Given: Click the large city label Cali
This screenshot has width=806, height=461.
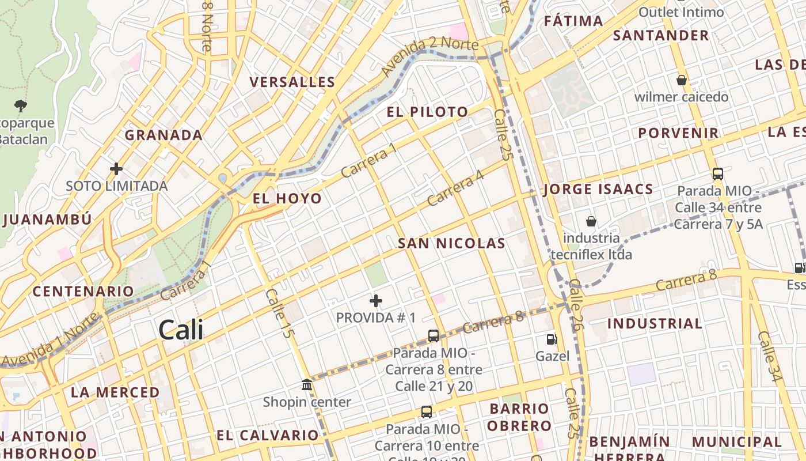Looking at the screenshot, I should pos(181,330).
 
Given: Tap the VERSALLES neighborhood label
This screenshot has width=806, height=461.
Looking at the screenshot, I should pos(292,82).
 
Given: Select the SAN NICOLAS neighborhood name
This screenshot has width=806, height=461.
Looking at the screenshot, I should pos(451,243).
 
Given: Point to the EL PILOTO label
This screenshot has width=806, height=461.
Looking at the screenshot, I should pos(427,112).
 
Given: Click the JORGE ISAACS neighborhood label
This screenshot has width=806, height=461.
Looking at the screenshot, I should pos(598,189).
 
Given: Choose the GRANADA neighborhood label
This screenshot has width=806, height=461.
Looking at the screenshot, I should pos(164,135).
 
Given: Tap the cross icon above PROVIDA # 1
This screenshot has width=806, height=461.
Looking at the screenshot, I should pos(376,301).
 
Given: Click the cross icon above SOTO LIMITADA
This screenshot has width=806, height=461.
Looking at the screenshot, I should pos(116,169).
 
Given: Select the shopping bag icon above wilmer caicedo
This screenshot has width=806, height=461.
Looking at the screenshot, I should pos(682,80).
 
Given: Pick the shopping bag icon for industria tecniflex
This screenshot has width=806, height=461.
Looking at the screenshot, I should pos(591,221).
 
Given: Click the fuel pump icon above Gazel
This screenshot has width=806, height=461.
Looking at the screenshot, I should pos(552,339).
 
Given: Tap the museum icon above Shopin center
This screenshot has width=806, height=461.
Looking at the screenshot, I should pos(307,384).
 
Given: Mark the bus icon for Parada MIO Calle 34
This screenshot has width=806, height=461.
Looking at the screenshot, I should pos(717,173).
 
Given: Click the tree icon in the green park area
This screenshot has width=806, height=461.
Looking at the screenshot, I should pos(21,105).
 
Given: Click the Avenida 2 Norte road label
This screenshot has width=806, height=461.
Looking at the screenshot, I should pos(429,56).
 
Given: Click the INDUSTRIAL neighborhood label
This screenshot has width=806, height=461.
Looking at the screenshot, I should pos(655,323).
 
